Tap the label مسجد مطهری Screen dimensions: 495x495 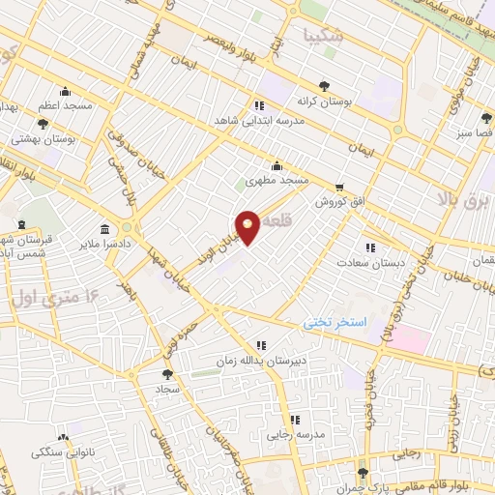click(277, 181)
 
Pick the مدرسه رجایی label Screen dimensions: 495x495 click(295, 435)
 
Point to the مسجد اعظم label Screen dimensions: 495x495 click(65, 104)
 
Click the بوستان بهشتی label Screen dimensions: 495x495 click(43, 138)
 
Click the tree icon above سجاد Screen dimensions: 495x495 click(167, 372)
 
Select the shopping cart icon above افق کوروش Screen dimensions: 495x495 click(338, 189)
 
